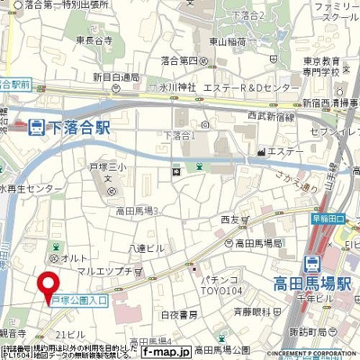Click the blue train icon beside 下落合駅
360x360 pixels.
pos(36,128)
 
